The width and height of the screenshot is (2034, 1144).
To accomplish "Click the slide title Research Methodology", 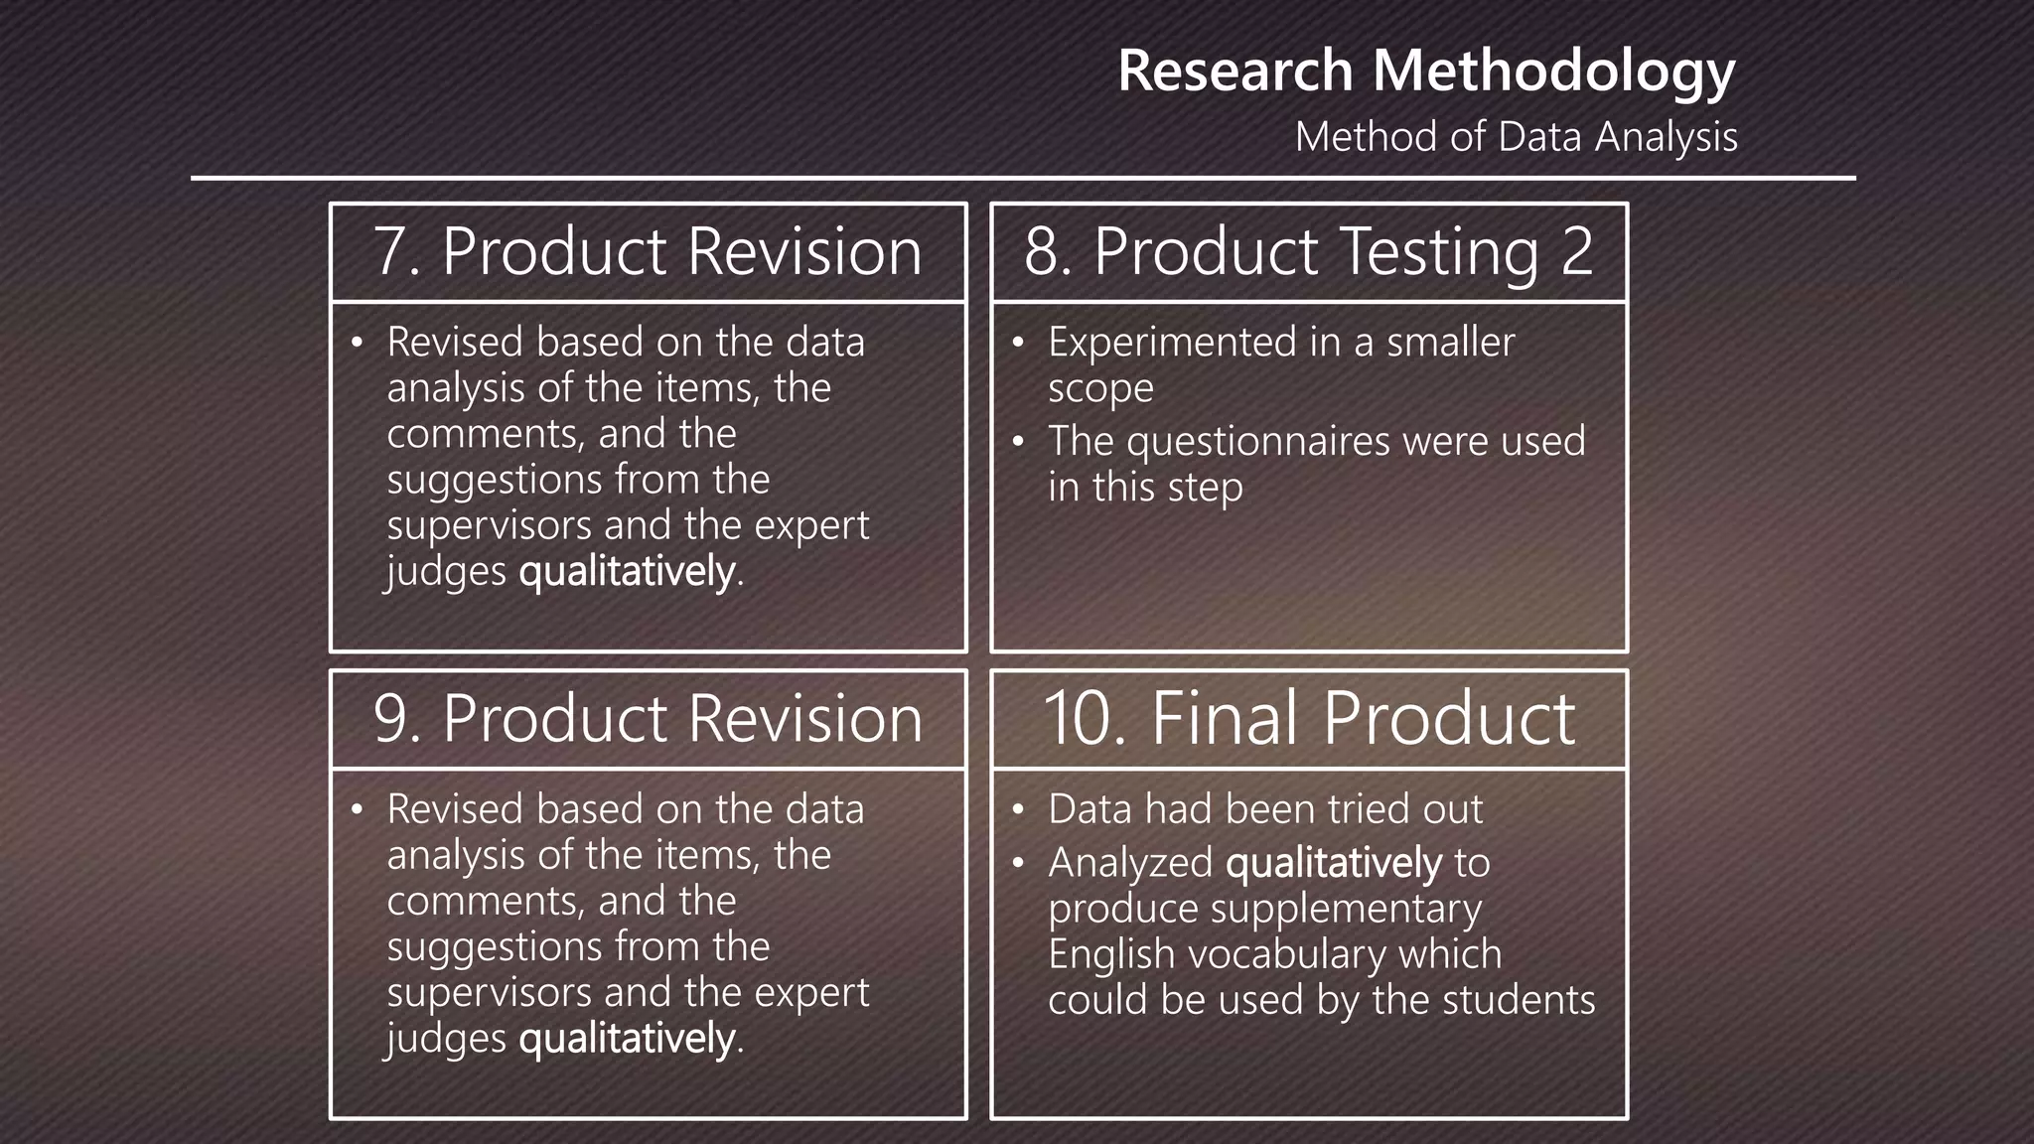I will [x=1426, y=71].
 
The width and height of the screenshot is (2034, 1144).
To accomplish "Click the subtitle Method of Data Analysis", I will [x=1516, y=137].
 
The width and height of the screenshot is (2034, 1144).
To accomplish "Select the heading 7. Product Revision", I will [x=648, y=251].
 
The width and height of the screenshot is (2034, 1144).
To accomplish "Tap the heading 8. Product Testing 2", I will [x=1308, y=251].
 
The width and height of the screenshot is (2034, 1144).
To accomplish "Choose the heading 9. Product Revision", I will [x=648, y=718].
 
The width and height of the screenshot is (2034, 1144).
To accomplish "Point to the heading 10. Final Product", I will [x=1308, y=718].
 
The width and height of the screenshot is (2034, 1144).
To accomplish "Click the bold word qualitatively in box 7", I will [x=628, y=573].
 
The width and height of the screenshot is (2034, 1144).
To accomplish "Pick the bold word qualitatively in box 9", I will [x=628, y=1040].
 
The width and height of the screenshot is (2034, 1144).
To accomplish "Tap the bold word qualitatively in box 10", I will [x=1334, y=863].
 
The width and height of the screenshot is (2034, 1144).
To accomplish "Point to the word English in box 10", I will [x=1111, y=954].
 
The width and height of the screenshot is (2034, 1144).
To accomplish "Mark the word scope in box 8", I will [x=1100, y=389].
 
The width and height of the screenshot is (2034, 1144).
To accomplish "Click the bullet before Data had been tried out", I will [x=1017, y=810].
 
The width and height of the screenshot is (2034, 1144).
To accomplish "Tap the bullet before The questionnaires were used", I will [x=1017, y=442].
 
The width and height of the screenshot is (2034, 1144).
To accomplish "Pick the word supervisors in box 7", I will [x=489, y=526].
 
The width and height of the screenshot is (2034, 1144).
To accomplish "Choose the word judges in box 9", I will [x=446, y=1040].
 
